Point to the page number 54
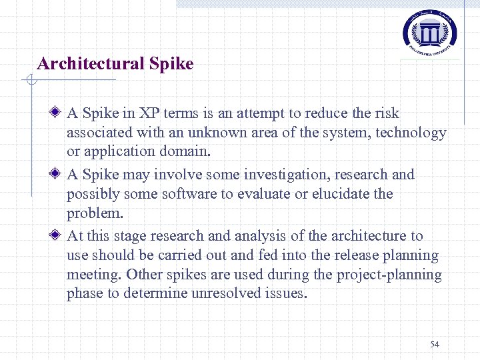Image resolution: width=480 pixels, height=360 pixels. pos(435,344)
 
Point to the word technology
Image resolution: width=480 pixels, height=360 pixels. pos(411,133)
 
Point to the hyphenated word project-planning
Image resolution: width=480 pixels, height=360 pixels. pos(393,275)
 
